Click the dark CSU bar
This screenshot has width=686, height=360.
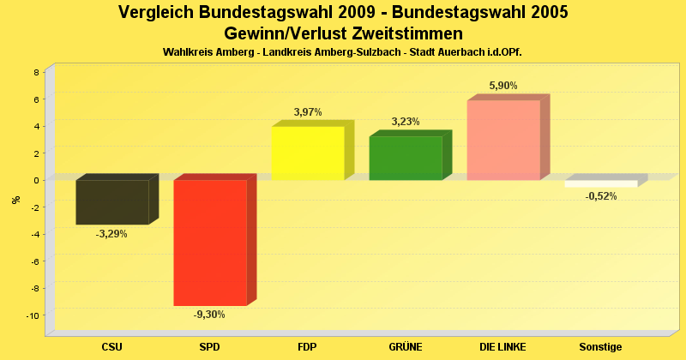(x=111, y=202)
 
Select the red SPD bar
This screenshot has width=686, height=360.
(x=209, y=243)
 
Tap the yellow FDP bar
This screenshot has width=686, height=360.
(x=307, y=153)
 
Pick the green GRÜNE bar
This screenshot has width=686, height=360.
(x=405, y=159)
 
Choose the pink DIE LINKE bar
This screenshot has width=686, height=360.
(x=502, y=141)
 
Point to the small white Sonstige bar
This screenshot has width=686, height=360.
(x=600, y=184)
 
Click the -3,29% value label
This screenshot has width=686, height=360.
(x=111, y=234)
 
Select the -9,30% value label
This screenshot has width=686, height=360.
(x=209, y=315)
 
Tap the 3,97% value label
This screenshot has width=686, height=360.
(x=308, y=112)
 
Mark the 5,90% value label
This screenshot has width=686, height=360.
(x=503, y=86)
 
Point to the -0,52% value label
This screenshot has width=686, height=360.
(x=600, y=196)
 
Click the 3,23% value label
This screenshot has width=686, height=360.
(x=406, y=122)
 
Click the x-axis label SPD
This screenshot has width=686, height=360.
(x=209, y=347)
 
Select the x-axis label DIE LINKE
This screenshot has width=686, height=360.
(x=502, y=347)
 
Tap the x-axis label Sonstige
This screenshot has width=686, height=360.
(x=600, y=347)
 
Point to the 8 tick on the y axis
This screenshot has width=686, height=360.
(x=36, y=72)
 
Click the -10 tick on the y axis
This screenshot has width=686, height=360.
(x=33, y=315)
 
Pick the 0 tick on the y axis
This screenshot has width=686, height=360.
(x=36, y=180)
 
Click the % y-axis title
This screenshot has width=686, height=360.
(x=15, y=200)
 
